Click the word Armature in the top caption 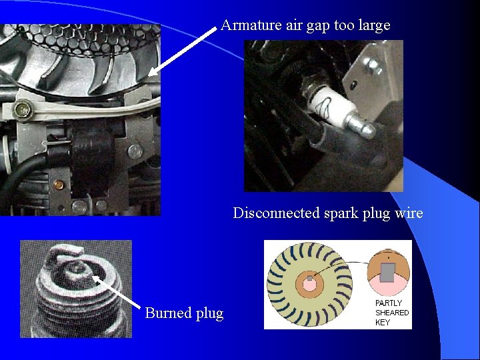251,25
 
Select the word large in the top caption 375,26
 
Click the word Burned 168,313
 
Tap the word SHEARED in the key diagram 392,313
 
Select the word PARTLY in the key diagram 389,303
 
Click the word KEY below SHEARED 383,322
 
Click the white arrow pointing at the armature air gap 183,51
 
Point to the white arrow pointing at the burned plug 116,292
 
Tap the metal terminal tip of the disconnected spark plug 363,125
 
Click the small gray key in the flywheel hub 310,278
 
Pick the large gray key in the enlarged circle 387,273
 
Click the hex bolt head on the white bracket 23,109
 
